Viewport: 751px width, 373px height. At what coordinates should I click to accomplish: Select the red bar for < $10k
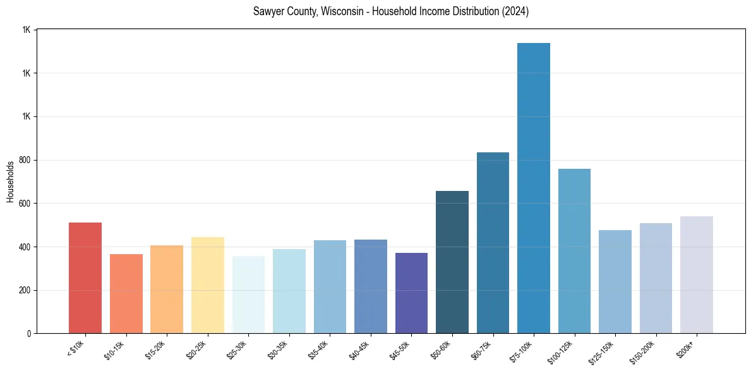click(85, 278)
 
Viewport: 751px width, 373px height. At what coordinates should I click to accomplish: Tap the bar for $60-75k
click(493, 243)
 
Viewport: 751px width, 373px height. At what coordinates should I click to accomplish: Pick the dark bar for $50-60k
click(452, 262)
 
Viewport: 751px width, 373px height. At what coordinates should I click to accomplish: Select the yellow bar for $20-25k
click(208, 285)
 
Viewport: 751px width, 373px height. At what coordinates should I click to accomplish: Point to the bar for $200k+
click(697, 274)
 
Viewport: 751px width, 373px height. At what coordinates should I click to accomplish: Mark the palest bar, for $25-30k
click(248, 295)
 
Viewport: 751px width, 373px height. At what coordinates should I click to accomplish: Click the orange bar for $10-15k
click(126, 293)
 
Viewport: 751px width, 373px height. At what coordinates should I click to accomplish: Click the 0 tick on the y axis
click(29, 334)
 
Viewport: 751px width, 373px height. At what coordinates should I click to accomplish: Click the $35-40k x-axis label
click(318, 350)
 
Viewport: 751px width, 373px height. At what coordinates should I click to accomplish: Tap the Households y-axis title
click(10, 181)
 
